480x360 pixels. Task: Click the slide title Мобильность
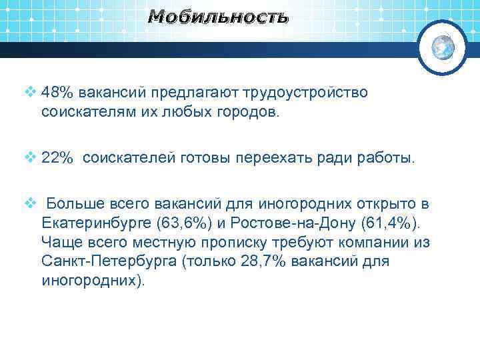pyautogui.click(x=218, y=17)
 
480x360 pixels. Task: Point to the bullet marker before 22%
pyautogui.click(x=29, y=158)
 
